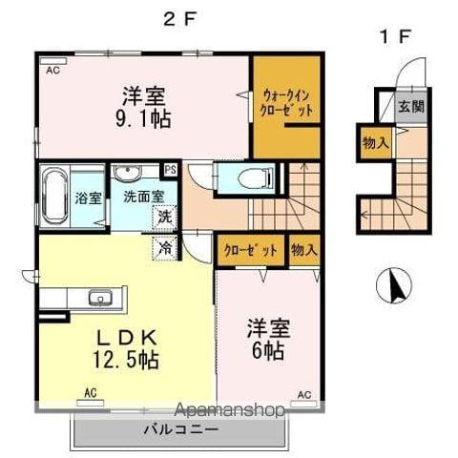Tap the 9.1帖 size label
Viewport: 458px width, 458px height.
[145, 118]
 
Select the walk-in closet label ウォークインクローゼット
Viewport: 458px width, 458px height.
[285, 103]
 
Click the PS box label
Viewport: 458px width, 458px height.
[171, 170]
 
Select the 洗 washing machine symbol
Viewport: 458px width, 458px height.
[165, 216]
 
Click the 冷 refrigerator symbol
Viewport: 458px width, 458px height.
[164, 246]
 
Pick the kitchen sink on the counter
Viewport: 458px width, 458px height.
[99, 297]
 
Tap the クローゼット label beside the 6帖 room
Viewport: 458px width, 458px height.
[251, 250]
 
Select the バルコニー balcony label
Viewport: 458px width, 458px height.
[180, 428]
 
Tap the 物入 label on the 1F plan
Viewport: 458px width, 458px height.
[375, 143]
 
